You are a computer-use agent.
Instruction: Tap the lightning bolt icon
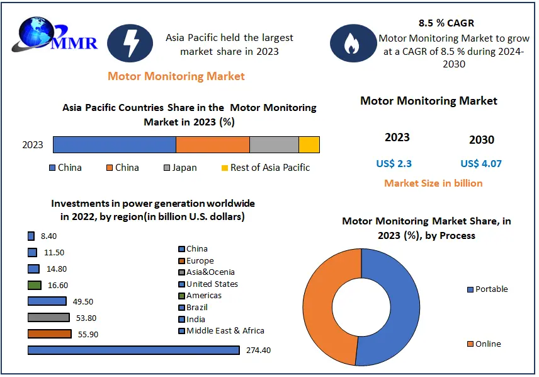coord(130,43)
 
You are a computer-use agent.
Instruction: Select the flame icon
coord(351,43)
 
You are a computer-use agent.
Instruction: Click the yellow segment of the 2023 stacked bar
coord(309,144)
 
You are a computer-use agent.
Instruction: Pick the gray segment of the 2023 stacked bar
coord(274,144)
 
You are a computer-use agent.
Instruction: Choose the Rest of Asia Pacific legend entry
coord(265,168)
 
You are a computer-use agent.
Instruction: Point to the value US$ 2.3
coord(394,164)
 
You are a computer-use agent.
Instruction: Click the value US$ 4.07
coord(481,164)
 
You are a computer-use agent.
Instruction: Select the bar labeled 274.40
coord(133,350)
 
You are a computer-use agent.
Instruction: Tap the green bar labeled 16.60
coord(35,285)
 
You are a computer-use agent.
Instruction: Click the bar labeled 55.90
coord(50,333)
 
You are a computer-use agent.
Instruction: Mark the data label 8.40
coord(49,236)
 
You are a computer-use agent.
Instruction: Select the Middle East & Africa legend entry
coord(221,331)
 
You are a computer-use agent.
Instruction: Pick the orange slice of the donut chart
coord(322,296)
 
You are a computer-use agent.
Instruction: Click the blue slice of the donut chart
coord(397,296)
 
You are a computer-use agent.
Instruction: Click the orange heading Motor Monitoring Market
coord(176,76)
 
